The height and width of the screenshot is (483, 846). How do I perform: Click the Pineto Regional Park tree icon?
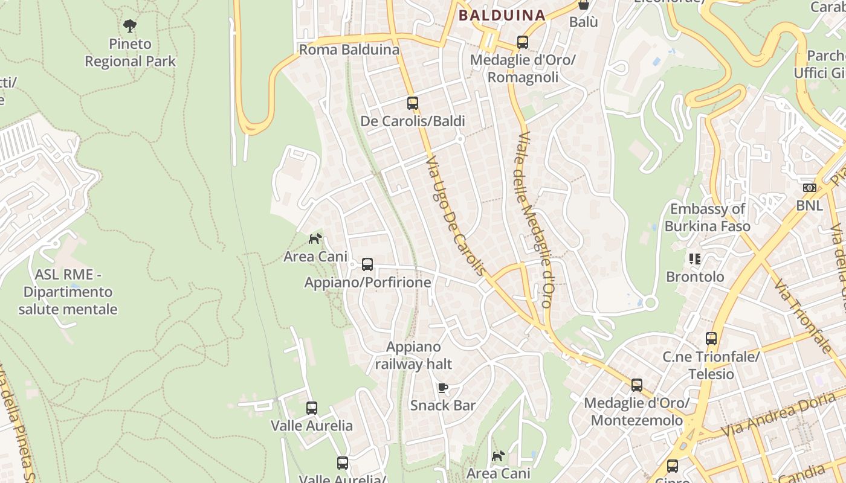click(x=129, y=25)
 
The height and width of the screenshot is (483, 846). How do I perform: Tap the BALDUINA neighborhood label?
click(x=502, y=16)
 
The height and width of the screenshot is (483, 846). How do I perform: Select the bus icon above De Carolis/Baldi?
click(x=413, y=103)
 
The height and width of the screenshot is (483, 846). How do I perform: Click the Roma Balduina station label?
click(x=349, y=50)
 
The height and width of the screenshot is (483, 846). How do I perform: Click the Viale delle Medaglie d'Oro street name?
click(x=533, y=220)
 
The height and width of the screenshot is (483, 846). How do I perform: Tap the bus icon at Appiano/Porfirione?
click(x=367, y=264)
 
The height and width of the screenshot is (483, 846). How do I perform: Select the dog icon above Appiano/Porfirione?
click(x=315, y=238)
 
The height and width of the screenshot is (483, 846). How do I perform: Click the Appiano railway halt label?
click(x=413, y=356)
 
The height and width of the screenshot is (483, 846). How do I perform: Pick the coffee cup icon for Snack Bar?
click(x=443, y=388)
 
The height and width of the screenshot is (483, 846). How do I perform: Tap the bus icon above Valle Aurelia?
click(x=312, y=408)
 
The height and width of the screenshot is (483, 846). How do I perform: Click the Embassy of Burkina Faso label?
click(x=708, y=217)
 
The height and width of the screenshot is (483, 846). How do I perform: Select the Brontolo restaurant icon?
click(x=695, y=259)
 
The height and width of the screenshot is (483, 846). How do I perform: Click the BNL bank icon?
click(x=810, y=188)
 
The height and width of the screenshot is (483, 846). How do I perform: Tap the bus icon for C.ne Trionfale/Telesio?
click(x=711, y=339)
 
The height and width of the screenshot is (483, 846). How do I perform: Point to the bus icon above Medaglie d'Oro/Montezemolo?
click(x=636, y=385)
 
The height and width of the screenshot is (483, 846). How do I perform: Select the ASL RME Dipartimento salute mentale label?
click(x=68, y=292)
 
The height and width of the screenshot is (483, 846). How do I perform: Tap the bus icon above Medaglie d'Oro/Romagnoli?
click(x=523, y=43)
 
